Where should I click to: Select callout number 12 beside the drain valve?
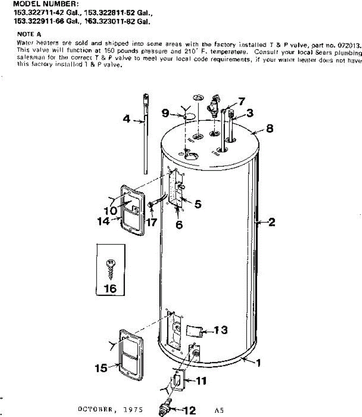(190, 410)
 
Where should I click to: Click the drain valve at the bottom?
(163, 409)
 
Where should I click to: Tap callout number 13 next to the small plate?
(220, 330)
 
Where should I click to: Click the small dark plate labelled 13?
(194, 330)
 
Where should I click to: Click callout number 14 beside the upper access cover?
(104, 221)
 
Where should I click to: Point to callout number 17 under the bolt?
(151, 222)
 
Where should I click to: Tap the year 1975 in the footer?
(133, 410)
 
